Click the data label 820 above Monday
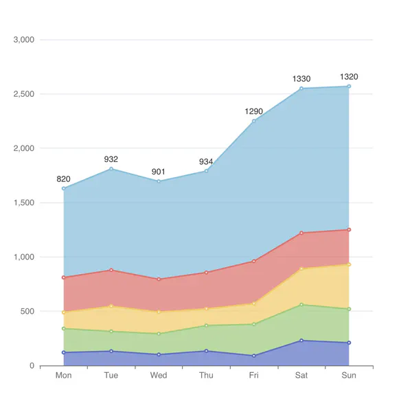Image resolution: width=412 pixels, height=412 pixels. pos(63,179)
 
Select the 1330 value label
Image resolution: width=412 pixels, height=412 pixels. pos(301,80)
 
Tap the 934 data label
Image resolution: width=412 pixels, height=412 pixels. pos(206,162)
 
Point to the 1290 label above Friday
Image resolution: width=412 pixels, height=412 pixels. pos(254,111)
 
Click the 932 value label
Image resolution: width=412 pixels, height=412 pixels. pos(111,159)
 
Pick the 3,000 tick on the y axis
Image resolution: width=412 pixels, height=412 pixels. pos(24,40)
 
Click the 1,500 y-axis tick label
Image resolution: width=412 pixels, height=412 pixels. pos(24,203)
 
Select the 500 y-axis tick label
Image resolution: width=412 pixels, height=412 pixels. pos(27,311)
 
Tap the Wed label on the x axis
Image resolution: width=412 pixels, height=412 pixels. pos(159,376)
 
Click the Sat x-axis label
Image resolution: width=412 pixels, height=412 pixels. pos(301,376)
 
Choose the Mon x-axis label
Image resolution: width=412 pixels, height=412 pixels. pos(63,376)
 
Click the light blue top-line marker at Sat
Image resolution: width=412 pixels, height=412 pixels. pos(301,89)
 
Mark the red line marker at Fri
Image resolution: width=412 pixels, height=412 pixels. pos(254,261)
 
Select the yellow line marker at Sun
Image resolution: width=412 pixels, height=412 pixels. pos(349,264)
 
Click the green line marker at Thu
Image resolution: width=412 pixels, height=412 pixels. pos(206,325)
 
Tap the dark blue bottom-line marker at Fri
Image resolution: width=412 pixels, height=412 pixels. pos(254,356)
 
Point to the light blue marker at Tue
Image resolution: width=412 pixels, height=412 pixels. pos(111,169)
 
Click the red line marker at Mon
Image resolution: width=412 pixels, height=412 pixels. pos(63,277)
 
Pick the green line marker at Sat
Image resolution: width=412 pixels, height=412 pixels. pos(301,305)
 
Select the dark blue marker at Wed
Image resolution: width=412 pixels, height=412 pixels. pos(159,354)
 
